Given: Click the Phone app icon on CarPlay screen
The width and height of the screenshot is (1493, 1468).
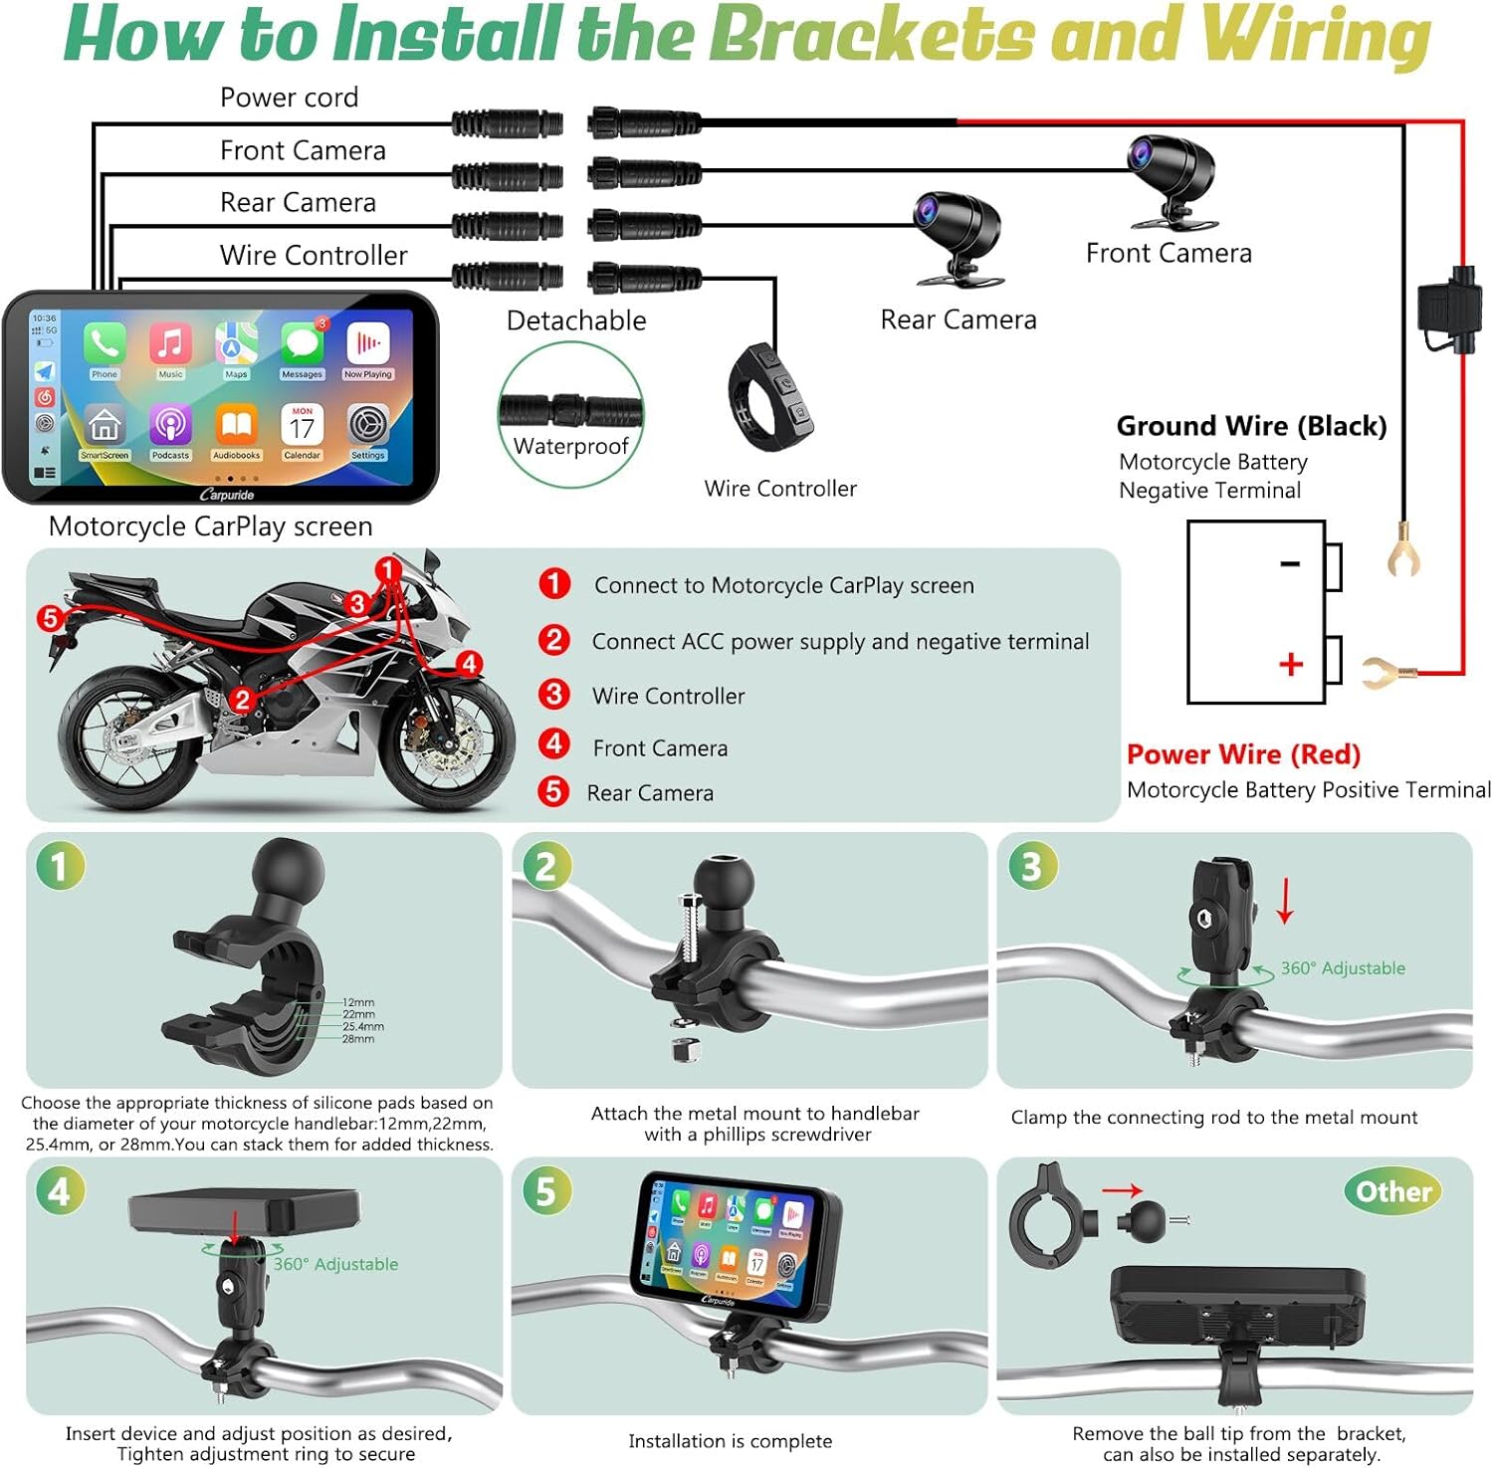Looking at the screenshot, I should pos(104,344).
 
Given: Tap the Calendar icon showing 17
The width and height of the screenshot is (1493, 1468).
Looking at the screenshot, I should pos(302,425).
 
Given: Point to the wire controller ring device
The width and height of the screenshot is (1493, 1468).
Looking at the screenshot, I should pos(771,397).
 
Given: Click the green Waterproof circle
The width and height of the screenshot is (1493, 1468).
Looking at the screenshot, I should pos(571,414).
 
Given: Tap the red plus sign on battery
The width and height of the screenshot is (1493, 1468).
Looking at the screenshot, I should pos(1291,664).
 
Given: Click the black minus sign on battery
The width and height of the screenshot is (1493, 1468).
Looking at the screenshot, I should pos(1290,564).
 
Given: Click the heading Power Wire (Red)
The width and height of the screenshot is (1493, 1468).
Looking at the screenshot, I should pos(1243,754).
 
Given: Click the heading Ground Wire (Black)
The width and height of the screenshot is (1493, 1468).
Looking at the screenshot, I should pos(1251,426).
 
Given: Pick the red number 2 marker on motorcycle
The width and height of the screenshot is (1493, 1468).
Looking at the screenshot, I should pos(241,699).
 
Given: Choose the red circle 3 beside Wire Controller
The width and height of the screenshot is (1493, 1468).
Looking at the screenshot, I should pos(553,694).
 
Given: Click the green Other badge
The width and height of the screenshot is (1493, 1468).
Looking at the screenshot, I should pos(1393,1191).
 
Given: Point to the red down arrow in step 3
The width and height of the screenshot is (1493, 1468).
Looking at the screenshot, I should pos(1285,900).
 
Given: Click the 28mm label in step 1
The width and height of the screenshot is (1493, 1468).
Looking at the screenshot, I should pos(358,1039).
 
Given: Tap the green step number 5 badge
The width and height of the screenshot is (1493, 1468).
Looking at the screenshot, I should pos(545,1191).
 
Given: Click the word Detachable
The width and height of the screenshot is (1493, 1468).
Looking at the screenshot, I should pos(576,320).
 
